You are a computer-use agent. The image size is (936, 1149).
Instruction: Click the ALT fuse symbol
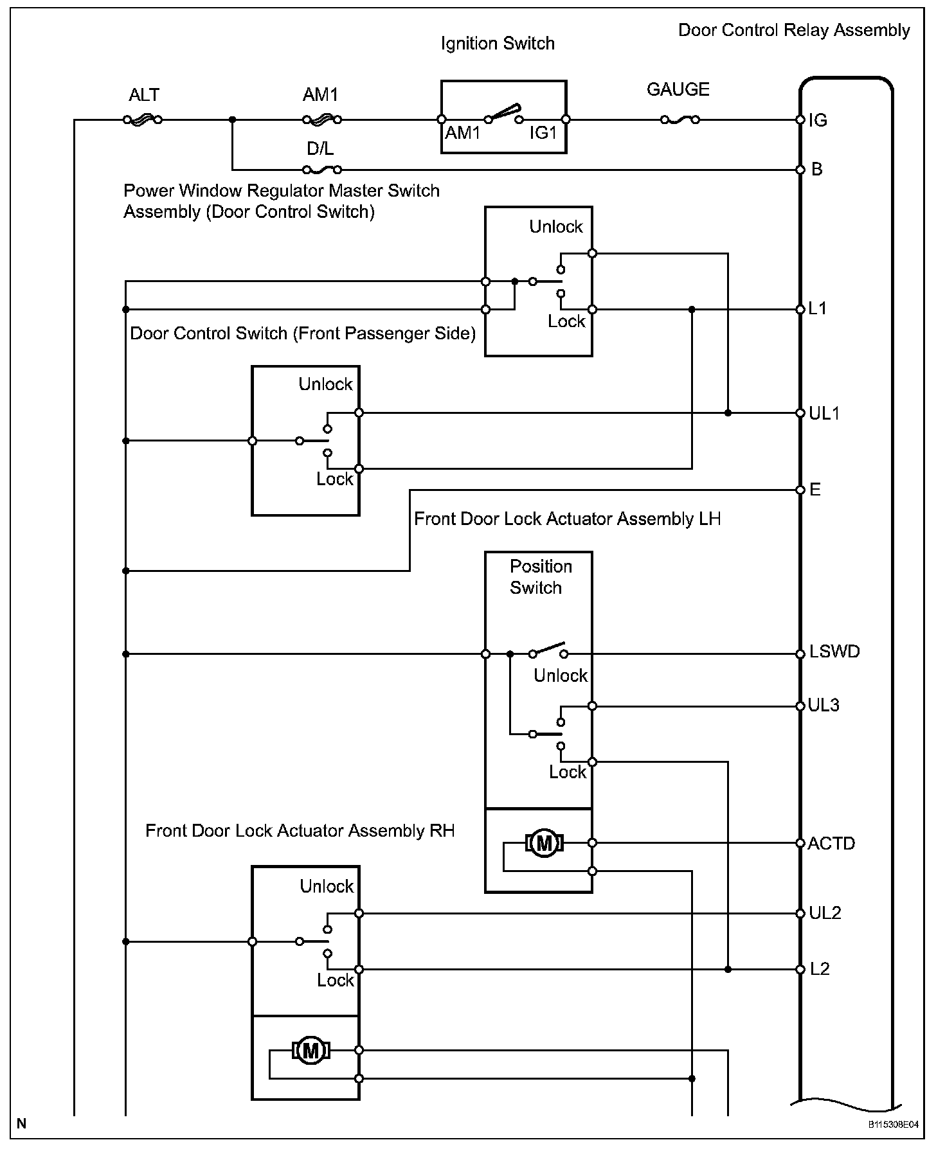click(x=142, y=120)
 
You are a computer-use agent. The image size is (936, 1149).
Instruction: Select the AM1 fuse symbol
click(x=321, y=120)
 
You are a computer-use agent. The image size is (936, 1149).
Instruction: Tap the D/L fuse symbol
click(x=321, y=170)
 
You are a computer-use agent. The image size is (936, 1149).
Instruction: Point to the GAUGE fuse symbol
click(x=680, y=120)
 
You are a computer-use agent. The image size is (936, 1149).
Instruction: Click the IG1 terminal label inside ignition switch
click(x=543, y=132)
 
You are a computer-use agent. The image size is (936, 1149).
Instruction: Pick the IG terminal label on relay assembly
click(x=818, y=120)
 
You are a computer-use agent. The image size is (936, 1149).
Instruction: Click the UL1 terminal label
click(x=824, y=413)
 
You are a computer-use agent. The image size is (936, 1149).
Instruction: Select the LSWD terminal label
click(x=834, y=652)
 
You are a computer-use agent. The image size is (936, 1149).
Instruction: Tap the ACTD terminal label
click(x=831, y=843)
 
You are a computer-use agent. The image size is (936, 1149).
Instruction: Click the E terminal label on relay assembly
click(x=815, y=490)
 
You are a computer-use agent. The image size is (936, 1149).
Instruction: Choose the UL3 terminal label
click(x=824, y=706)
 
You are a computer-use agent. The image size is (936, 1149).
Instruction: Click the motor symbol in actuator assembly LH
click(x=544, y=842)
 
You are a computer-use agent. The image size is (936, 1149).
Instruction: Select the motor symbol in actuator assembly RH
click(x=311, y=1050)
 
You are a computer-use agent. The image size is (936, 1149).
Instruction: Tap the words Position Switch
click(x=541, y=576)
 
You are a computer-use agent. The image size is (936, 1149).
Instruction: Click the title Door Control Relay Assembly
click(x=794, y=30)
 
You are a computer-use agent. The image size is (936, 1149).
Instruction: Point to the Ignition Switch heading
click(x=498, y=44)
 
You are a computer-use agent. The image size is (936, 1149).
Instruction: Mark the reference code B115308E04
click(x=894, y=1125)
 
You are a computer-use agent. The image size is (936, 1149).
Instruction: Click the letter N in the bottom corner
click(x=22, y=1124)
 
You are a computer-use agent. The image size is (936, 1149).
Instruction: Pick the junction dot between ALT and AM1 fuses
click(x=232, y=120)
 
